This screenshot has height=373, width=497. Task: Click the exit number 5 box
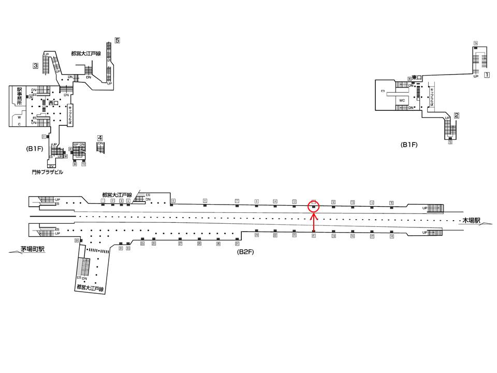click(118, 40)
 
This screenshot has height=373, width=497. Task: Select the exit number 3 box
click(35, 66)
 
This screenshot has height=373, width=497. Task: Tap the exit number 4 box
click(100, 138)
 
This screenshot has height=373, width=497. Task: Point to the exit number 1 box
click(487, 75)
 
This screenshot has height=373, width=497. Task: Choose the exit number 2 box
click(457, 116)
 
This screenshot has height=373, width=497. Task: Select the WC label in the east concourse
click(402, 99)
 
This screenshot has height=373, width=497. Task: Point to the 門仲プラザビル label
click(47, 172)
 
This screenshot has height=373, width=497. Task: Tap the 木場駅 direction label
click(472, 220)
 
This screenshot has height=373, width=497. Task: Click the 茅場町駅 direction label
click(32, 249)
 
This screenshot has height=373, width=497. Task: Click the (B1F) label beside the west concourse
click(34, 149)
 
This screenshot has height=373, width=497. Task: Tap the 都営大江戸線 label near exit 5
click(86, 53)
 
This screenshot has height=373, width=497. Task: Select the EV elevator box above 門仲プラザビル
click(51, 166)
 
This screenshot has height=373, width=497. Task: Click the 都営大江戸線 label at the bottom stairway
click(91, 288)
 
